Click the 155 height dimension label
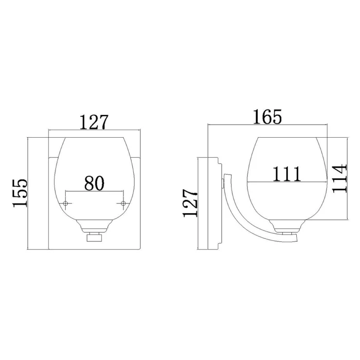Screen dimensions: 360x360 pos(20,193)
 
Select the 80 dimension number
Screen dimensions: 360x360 pos(94,183)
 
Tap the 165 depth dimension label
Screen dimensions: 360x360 pos(267,117)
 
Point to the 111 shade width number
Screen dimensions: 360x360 pos(287,174)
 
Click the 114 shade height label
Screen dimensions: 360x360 pos(340,178)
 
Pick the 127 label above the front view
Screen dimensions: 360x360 pos(94,122)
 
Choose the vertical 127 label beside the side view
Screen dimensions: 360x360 pos(190,203)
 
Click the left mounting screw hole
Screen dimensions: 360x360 pos(66,203)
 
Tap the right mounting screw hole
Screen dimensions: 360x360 pos(123,203)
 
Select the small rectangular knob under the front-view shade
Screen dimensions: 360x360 pos(94,237)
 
